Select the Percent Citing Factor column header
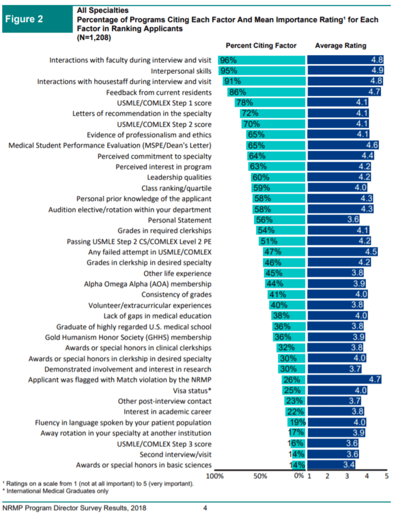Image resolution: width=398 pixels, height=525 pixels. point(261,46)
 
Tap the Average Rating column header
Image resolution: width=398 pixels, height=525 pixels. point(341,46)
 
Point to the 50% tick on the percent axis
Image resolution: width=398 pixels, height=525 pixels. point(260,476)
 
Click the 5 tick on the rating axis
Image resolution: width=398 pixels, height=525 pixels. point(387,476)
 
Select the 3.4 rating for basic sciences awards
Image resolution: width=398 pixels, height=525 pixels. point(348,465)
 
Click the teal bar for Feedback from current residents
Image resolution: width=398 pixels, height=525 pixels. point(266,92)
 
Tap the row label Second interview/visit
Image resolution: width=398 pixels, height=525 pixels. point(175,454)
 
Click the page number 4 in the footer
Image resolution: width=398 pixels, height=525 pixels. point(205,508)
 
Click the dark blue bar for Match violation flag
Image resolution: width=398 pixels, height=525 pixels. point(345,380)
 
